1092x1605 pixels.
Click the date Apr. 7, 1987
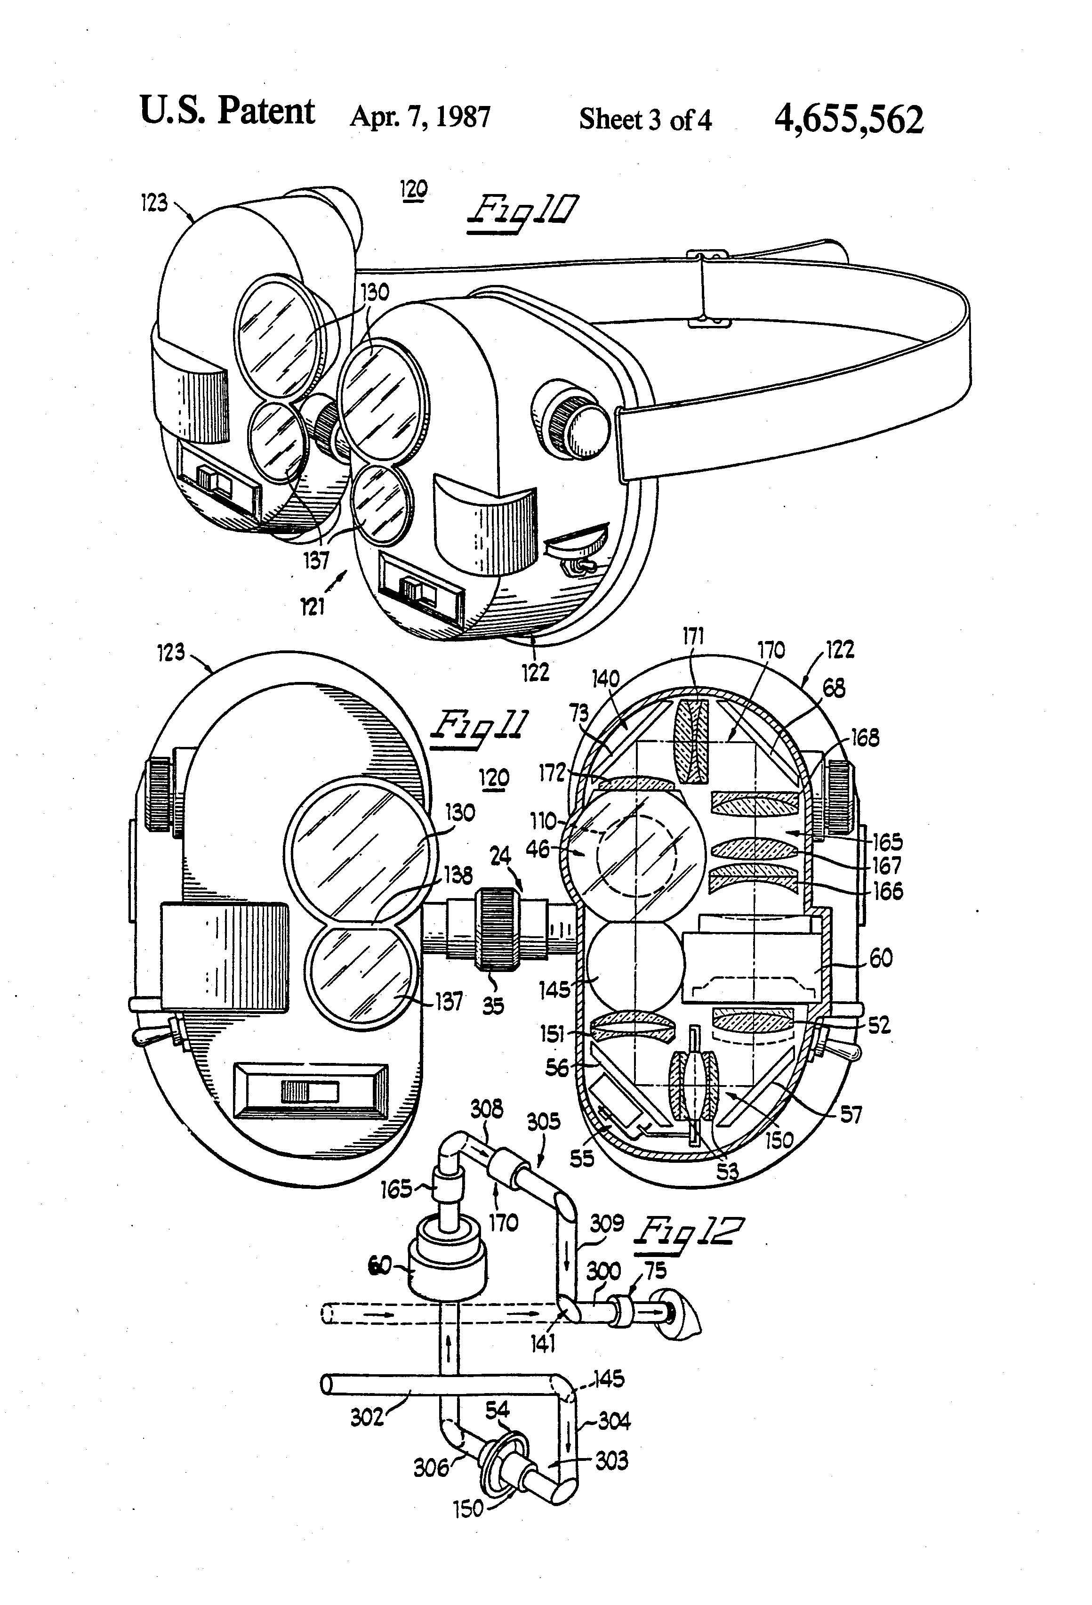click(420, 117)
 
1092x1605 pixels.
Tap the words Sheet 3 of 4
click(645, 120)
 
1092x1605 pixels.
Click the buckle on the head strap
click(709, 289)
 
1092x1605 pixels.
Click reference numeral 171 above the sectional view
click(693, 637)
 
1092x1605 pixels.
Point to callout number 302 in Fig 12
click(367, 1417)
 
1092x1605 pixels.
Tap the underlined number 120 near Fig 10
click(413, 188)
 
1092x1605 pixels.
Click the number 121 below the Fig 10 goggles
click(312, 607)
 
